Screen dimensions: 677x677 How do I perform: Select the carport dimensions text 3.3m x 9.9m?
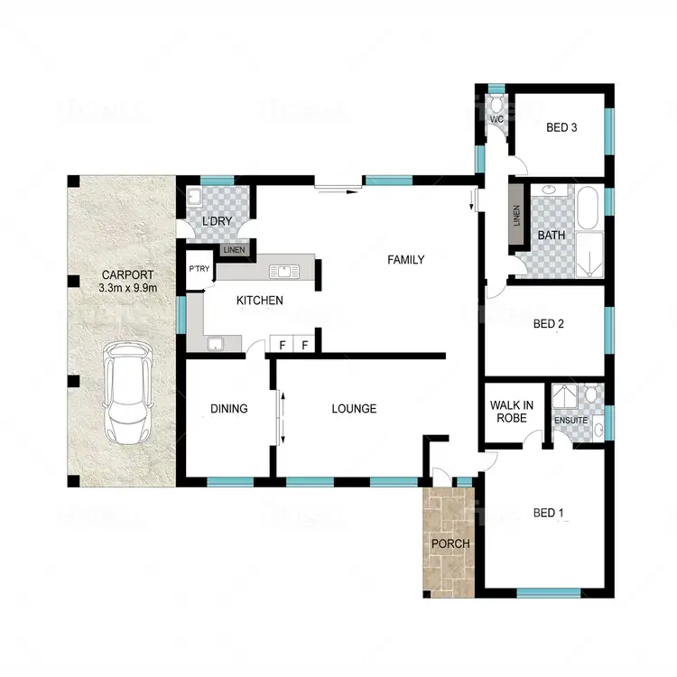click(128, 289)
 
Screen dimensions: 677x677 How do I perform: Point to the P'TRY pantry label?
click(198, 268)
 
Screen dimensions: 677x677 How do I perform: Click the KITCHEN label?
click(259, 301)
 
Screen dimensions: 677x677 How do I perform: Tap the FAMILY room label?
click(405, 260)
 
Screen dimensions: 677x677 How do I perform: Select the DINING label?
click(228, 409)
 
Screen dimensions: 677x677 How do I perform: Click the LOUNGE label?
click(354, 409)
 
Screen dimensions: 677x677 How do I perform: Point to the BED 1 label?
click(549, 514)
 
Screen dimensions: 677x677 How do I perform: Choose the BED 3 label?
click(561, 127)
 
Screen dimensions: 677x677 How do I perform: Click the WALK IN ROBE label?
click(512, 412)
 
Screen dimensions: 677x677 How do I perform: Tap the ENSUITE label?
click(571, 421)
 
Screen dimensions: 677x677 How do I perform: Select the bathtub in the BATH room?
click(588, 209)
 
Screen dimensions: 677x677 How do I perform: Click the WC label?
click(496, 120)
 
